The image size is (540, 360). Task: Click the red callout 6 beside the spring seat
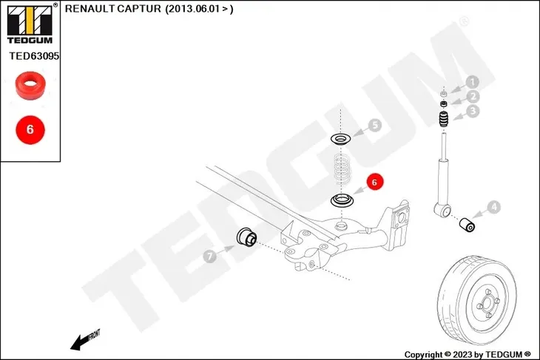[x=375, y=182]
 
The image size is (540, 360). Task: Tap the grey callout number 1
[x=473, y=82]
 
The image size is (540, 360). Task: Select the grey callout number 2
[x=473, y=97]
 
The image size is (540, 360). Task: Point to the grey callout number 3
[x=473, y=111]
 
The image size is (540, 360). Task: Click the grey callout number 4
[x=494, y=207]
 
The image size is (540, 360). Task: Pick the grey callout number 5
[x=375, y=125]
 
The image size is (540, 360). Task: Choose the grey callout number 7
[x=210, y=256]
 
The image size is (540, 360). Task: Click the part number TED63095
[x=34, y=55]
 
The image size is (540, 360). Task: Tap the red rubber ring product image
[x=30, y=86]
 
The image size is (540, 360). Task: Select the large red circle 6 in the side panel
[x=30, y=130]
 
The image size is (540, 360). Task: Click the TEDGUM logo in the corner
[x=30, y=24]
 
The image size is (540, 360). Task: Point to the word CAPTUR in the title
[x=139, y=9]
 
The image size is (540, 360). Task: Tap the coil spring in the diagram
[x=342, y=169]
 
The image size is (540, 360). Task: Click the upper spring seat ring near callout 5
[x=341, y=139]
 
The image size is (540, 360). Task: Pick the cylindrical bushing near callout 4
[x=468, y=225]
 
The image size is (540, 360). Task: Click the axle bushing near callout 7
[x=246, y=237]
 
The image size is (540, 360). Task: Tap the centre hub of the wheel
[x=487, y=304]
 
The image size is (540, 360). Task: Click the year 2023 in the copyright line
[x=462, y=355]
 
